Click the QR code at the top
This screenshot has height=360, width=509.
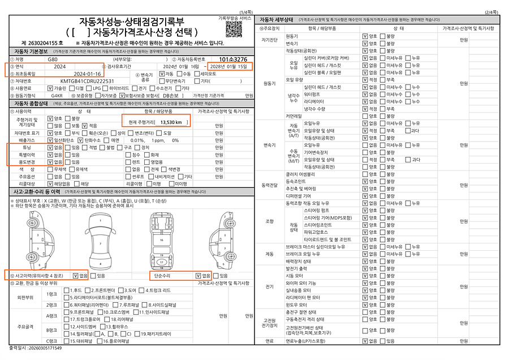[231, 28]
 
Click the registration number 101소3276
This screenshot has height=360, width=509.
[233, 59]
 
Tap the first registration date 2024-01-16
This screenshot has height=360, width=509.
[88, 74]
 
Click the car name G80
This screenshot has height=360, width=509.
[53, 59]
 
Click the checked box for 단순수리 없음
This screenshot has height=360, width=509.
[198, 276]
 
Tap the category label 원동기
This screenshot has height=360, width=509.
[269, 83]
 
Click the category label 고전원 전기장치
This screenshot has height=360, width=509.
[269, 323]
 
